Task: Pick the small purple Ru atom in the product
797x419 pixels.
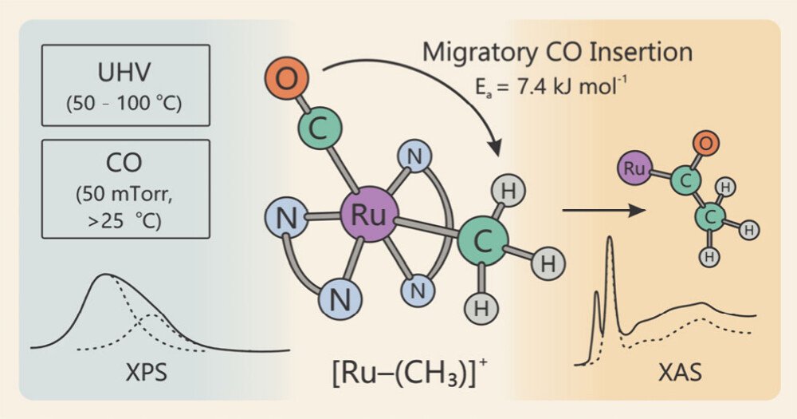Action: tap(634, 168)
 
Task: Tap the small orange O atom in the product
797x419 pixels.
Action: tap(704, 144)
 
